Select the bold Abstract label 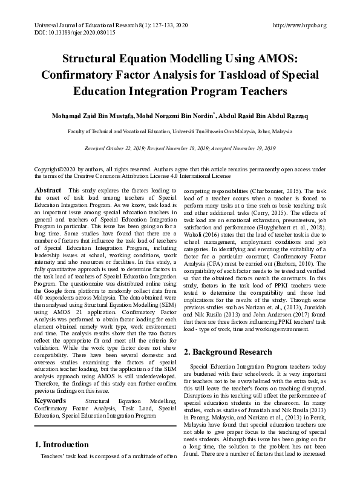pyautogui.click(x=48, y=190)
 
